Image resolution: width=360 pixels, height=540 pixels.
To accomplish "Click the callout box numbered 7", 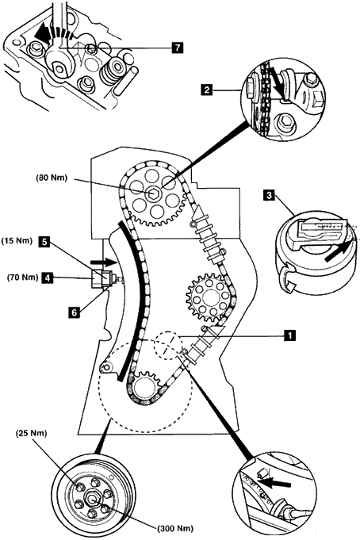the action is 177,48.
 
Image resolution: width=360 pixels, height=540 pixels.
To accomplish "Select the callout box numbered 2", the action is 207,90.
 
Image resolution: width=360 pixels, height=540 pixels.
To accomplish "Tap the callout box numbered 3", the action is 268,196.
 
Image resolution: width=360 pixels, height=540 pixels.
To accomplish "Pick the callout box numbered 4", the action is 48,278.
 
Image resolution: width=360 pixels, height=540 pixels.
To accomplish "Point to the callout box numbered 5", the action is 44,241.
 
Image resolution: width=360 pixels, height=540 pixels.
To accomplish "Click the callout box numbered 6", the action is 75,312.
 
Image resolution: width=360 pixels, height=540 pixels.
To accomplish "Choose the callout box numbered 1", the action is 290,335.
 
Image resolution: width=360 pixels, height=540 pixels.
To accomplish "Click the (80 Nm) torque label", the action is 52,178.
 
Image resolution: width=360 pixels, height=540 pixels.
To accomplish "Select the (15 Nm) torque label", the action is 17,241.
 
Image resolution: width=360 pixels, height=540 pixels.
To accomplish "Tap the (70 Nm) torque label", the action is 22,278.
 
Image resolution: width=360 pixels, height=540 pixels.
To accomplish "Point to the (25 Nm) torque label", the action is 32,433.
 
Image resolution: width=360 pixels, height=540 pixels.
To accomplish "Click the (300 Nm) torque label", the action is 175,528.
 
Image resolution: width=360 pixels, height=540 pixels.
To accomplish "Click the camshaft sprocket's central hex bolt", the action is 153,193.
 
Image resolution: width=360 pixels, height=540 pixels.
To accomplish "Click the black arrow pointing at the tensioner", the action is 102,262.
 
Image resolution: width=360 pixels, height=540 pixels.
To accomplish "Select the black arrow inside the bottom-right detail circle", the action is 276,480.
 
